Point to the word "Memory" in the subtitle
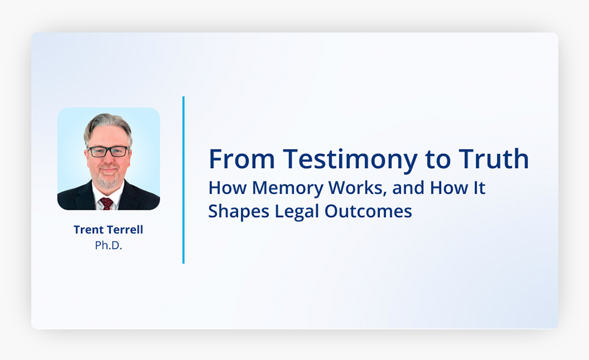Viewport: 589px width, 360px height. [x=287, y=188]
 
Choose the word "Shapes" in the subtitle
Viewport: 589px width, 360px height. [x=239, y=212]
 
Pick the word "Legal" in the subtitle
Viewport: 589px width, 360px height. [x=297, y=212]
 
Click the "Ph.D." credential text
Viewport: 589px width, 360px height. [x=108, y=245]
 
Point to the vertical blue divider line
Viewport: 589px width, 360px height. [x=183, y=180]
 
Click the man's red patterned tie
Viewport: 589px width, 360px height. [x=106, y=203]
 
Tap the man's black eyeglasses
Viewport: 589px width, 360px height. [x=108, y=151]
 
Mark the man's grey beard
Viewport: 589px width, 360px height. [x=108, y=178]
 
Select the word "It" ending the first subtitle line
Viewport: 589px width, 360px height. [x=480, y=188]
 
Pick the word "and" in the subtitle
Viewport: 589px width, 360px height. [x=408, y=188]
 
